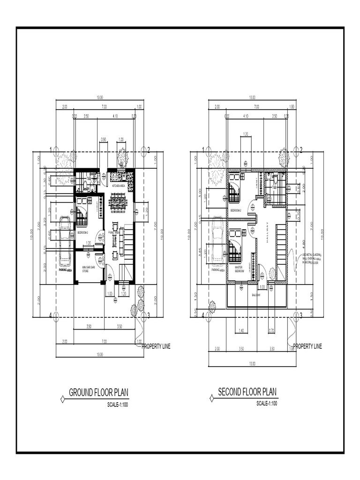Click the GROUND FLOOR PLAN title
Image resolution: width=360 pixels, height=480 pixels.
(98, 392)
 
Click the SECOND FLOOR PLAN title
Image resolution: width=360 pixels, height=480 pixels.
(247, 391)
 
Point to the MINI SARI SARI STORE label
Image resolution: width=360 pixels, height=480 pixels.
(89, 269)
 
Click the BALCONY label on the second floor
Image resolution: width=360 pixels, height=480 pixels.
(256, 295)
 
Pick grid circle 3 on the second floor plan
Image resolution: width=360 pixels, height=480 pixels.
(296, 315)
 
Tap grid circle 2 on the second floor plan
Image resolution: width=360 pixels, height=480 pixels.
(296, 150)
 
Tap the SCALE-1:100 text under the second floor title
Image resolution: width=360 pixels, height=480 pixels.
(267, 404)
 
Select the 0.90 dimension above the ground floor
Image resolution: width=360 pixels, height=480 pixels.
(104, 139)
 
